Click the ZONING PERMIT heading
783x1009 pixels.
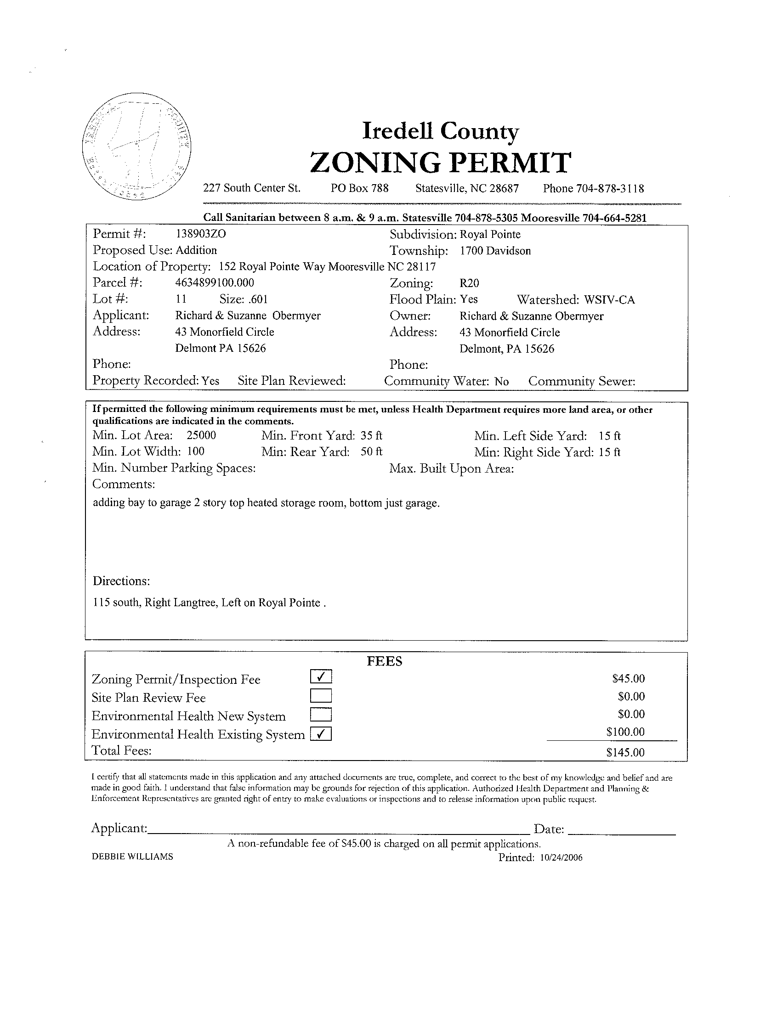tap(440, 163)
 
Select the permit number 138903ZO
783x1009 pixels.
tap(202, 234)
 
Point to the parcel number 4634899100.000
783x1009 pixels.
tap(215, 282)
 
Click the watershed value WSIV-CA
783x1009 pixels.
tap(609, 300)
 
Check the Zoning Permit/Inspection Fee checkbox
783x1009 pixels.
tap(321, 677)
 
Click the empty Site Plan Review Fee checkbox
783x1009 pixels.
tap(321, 696)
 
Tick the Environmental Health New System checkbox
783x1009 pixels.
tap(321, 715)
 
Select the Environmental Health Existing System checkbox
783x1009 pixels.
tap(321, 733)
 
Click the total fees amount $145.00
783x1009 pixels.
tap(625, 753)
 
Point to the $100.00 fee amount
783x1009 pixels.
tap(625, 732)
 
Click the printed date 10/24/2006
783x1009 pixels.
tap(561, 858)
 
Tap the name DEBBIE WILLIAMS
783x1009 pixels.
tap(133, 857)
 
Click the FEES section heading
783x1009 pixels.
tap(385, 662)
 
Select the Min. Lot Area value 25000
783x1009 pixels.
tap(201, 435)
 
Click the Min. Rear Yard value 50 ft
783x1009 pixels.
tap(371, 451)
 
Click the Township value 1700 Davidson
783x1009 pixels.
tap(495, 251)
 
